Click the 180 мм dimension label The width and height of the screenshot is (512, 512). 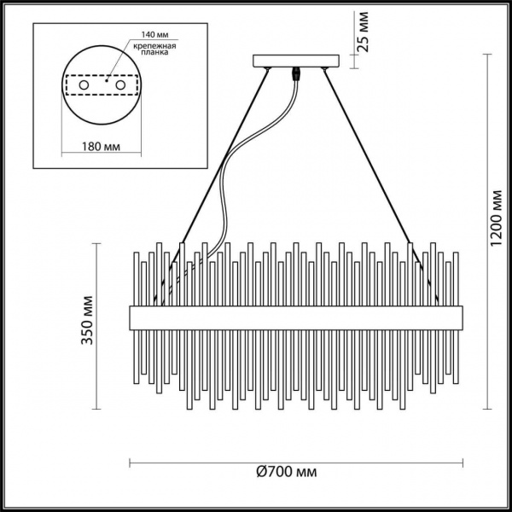point(101,147)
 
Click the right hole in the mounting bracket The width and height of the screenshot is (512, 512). point(121,87)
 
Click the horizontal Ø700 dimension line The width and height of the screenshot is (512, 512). point(213,464)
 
